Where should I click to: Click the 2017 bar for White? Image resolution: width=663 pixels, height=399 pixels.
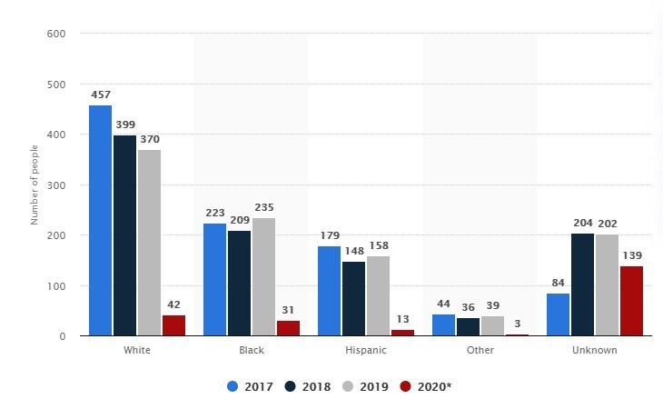point(101,221)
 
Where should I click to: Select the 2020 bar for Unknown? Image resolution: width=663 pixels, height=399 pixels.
point(631,301)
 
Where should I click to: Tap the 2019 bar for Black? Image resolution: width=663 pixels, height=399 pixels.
point(263,277)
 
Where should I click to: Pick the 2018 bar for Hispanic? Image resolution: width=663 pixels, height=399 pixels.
point(353,299)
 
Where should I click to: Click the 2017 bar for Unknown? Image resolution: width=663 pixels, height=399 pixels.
point(559,314)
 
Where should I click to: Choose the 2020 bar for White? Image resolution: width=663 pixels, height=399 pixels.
point(173,325)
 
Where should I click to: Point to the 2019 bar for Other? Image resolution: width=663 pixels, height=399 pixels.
point(492,326)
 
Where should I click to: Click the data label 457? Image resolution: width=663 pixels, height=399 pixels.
point(101,95)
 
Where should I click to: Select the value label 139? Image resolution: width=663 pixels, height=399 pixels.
point(631,255)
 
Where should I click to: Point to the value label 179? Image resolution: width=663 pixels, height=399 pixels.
point(330,235)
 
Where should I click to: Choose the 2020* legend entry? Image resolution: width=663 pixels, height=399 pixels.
point(426,386)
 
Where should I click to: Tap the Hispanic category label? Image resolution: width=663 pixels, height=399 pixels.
point(366,350)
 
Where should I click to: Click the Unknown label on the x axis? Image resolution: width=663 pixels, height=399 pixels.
point(595,350)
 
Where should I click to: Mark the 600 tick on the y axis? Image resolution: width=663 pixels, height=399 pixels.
point(55,34)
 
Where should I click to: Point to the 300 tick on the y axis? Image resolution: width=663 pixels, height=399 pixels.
point(55,185)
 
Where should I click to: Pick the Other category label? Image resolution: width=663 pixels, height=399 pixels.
point(480,350)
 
